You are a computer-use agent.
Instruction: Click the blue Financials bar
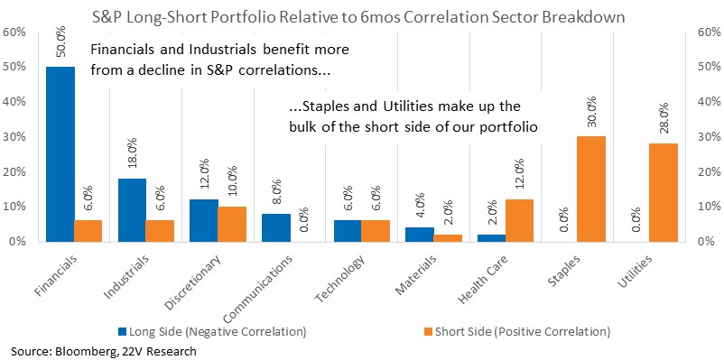pos(60,154)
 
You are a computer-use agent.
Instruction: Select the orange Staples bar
pos(591,189)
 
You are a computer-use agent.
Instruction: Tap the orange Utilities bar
pos(664,192)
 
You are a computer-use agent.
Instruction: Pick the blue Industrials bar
pos(133,210)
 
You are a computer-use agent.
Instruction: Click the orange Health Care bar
pos(519,220)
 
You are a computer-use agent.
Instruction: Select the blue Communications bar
pos(276,227)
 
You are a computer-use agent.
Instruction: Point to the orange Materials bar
pos(448,237)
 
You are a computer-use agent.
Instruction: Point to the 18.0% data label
pos(134,155)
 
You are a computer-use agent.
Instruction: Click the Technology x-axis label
pos(339,278)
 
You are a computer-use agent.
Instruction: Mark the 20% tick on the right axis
pos(709,171)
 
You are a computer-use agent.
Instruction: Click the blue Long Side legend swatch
pos(122,331)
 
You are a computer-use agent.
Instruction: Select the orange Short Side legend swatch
pos(426,331)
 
